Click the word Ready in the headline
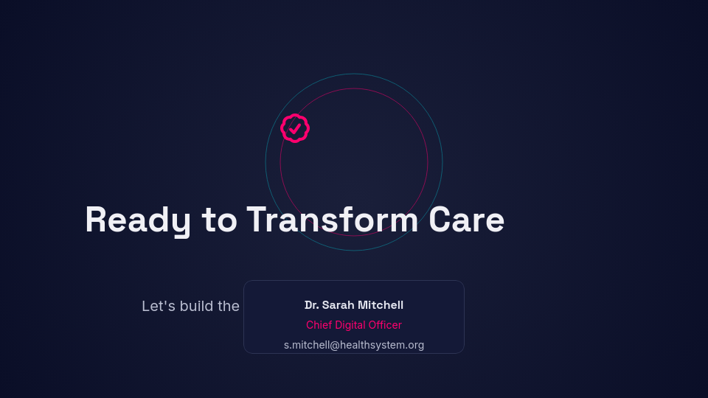coord(138,220)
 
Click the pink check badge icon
coord(295,128)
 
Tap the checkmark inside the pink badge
coord(295,128)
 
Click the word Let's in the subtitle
coord(156,306)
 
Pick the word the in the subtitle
coord(229,306)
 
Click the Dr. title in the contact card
coord(311,305)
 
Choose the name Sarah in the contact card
coord(338,305)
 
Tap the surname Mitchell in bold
coord(381,305)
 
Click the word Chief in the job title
coord(319,325)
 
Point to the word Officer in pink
coord(386,325)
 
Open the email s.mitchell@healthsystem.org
coord(354,345)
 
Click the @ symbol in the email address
coord(335,345)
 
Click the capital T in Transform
coord(256,220)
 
